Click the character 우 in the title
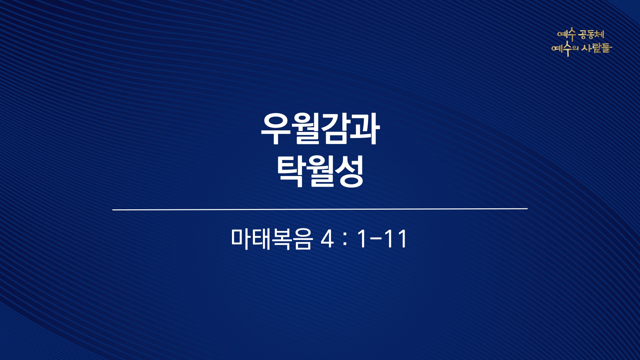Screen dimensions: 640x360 pos(275,129)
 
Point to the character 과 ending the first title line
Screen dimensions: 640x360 pos(365,129)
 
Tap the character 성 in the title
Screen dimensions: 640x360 pos(349,172)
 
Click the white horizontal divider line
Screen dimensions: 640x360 pos(320,209)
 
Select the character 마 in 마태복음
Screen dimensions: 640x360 pos(241,239)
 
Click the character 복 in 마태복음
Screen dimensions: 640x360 pos(282,239)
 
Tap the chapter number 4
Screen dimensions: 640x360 pos(327,239)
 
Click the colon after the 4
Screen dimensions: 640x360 pos(345,239)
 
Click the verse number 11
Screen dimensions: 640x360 pos(395,239)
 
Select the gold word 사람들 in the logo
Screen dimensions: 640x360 pos(597,48)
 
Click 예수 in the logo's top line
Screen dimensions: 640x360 pos(567,34)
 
